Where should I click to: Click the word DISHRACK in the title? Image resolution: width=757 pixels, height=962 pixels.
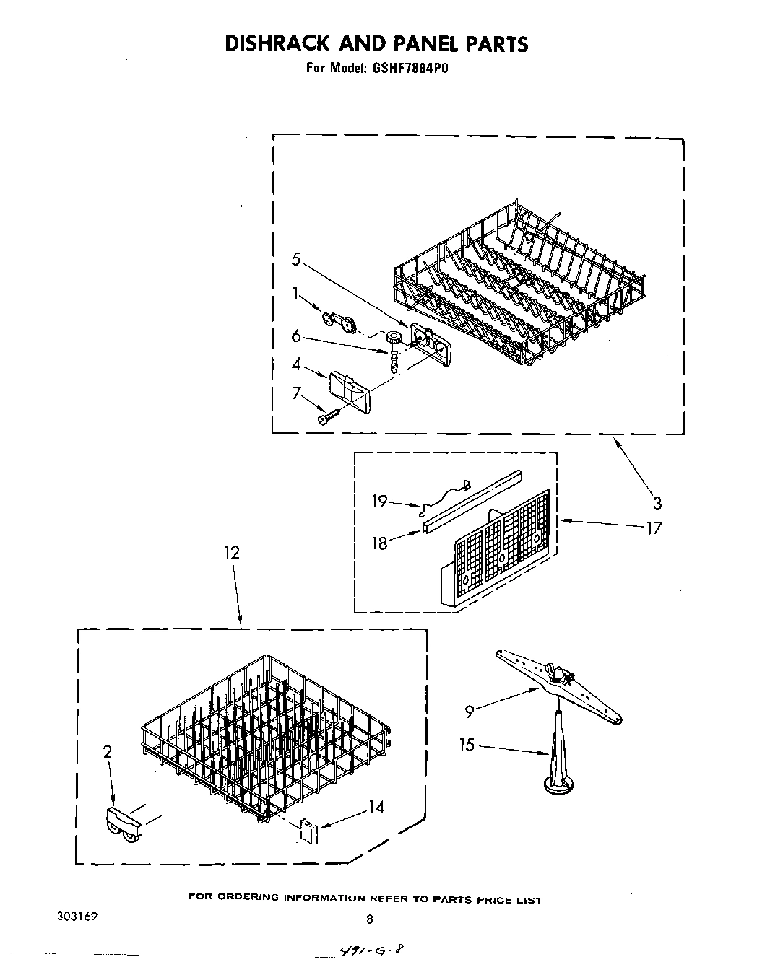(x=271, y=44)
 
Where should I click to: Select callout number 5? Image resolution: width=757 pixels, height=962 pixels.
(x=295, y=260)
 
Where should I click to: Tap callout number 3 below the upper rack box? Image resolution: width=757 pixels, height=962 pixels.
(x=657, y=503)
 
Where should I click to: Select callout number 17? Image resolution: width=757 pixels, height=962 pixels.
(x=654, y=528)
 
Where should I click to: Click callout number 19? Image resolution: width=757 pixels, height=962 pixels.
(x=380, y=501)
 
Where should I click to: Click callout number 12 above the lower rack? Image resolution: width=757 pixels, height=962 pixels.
(x=231, y=553)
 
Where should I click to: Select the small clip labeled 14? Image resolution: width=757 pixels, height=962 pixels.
(x=308, y=830)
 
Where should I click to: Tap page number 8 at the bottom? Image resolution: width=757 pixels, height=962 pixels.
(x=369, y=919)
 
